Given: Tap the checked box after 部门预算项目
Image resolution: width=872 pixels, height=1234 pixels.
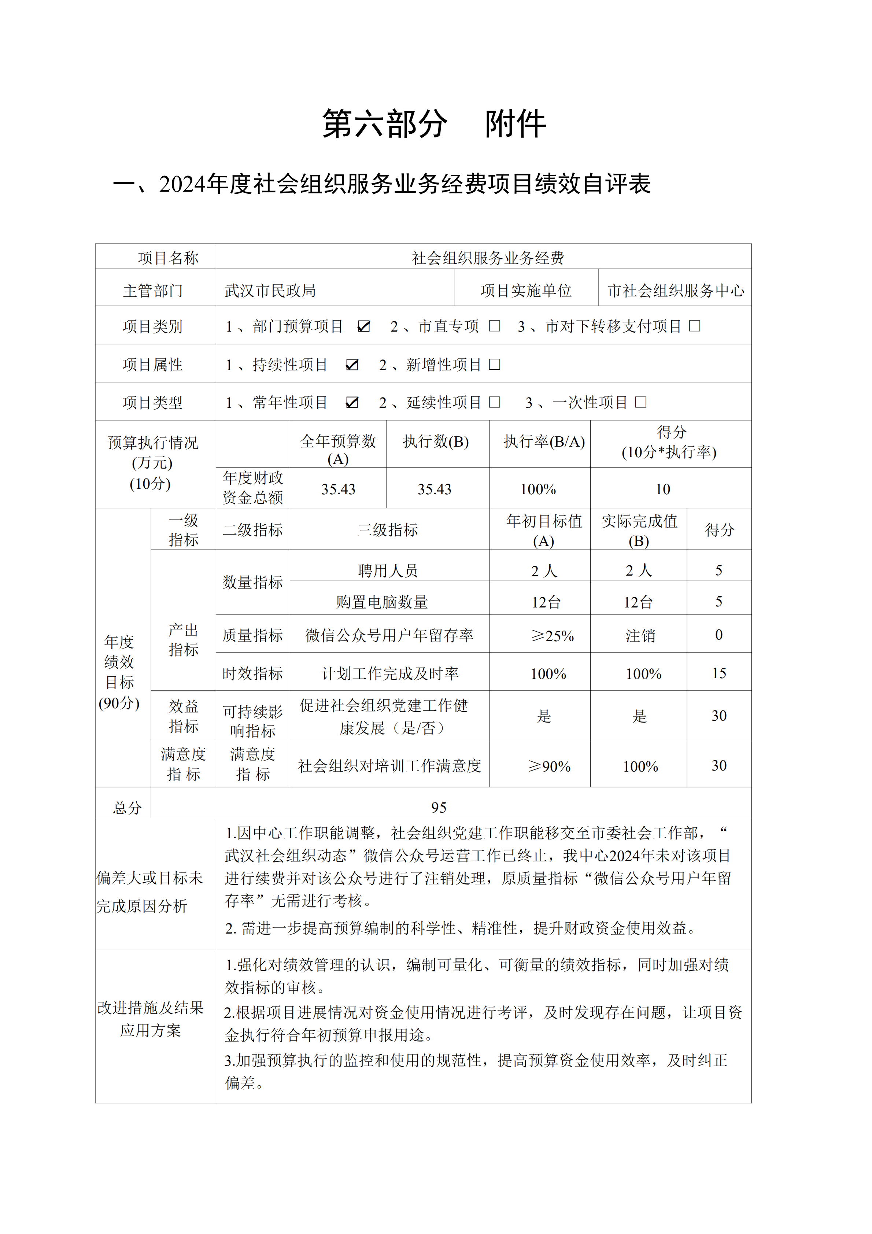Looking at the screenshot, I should tap(364, 326).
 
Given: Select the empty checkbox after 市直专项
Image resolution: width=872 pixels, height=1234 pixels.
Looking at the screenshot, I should tap(495, 326).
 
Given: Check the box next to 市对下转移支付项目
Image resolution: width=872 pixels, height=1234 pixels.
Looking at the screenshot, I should tap(695, 326).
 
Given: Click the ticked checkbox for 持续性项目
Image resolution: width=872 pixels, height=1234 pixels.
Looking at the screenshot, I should tap(352, 365).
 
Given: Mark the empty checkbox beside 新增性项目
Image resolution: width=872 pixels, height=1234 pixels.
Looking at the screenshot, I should tap(495, 365).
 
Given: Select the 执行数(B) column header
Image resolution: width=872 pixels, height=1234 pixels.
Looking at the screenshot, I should tap(436, 442).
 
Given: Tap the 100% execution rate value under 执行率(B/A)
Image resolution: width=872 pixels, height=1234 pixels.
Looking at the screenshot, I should tap(538, 489).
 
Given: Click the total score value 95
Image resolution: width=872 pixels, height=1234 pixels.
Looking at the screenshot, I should tap(439, 807).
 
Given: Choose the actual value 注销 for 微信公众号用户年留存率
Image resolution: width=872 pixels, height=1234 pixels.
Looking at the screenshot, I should tap(640, 636).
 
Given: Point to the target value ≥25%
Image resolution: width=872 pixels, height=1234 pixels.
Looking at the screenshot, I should tap(553, 636).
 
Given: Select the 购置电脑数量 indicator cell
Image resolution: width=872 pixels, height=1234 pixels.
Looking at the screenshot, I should tap(382, 602).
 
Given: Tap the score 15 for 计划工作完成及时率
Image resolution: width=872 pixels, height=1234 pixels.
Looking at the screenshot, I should tap(719, 673).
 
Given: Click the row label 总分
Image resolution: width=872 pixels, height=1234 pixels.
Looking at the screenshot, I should tap(128, 807).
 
